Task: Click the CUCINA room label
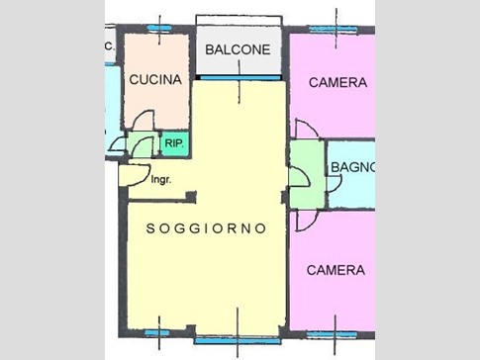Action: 155,79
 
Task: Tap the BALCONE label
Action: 238,49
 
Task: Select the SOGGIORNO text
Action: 206,228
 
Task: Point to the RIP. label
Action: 174,143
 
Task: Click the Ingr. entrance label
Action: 161,180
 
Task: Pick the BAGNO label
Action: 352,167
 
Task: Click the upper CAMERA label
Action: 337,82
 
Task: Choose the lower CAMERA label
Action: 336,270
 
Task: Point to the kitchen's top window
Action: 159,29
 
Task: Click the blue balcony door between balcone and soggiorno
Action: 240,78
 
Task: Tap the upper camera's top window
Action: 334,30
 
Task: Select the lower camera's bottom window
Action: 333,334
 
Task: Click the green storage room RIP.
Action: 175,143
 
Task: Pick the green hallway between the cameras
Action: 307,174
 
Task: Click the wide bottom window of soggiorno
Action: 237,340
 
